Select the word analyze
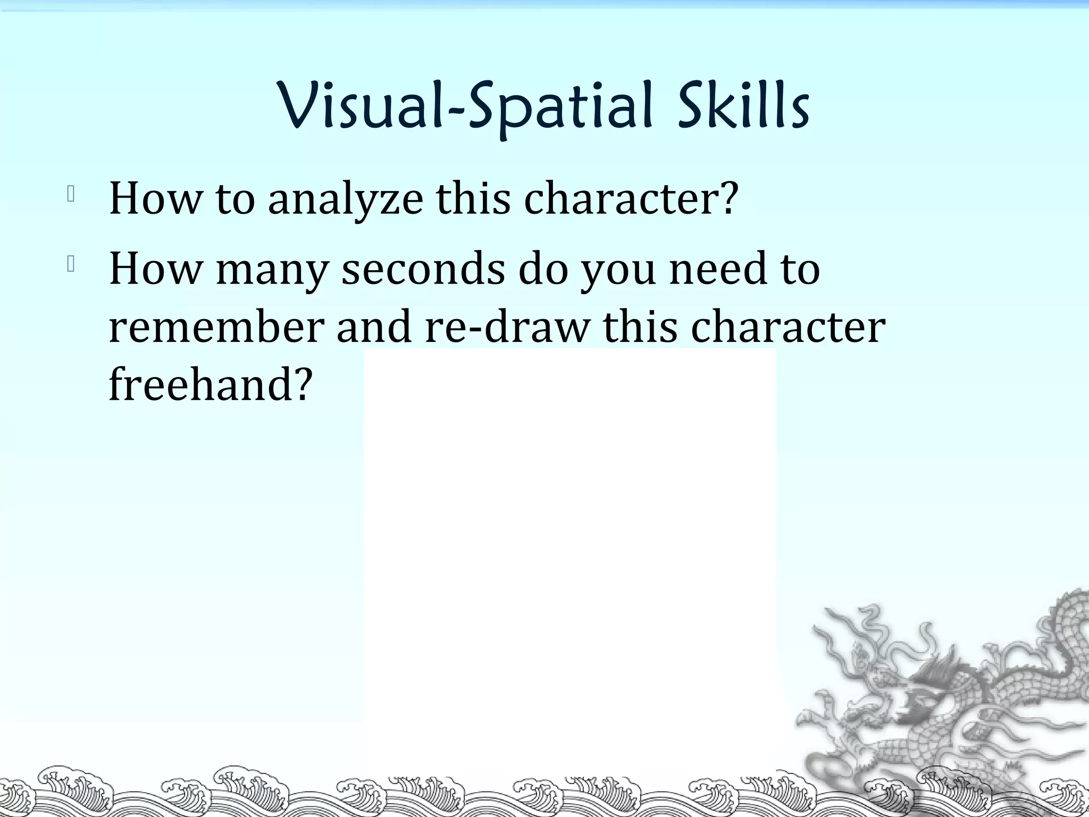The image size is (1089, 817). (x=346, y=199)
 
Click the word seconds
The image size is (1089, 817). (x=423, y=269)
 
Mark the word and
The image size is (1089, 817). (x=374, y=327)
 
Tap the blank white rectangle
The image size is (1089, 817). (x=570, y=532)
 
